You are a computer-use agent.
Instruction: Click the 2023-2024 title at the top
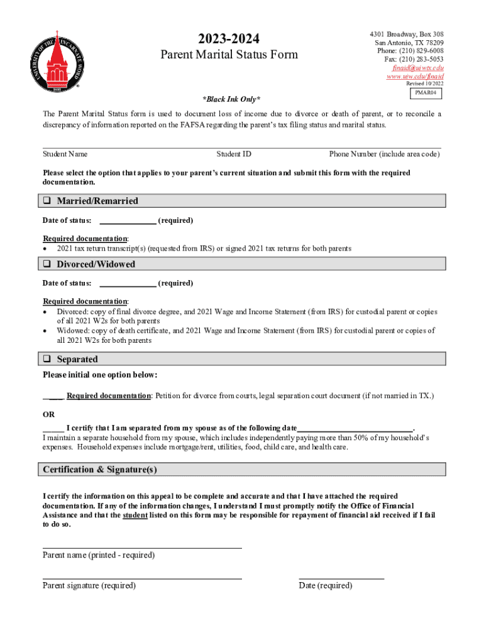pos(229,38)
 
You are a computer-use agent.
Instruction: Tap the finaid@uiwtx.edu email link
pos(418,67)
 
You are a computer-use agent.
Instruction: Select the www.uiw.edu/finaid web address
pos(415,76)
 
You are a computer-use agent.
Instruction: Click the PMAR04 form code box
pos(426,94)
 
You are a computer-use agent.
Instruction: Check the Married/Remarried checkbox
pos(47,201)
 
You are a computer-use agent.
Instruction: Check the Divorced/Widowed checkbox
pos(47,264)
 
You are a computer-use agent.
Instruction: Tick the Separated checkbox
pos(47,359)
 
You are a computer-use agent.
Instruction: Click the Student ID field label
pos(234,154)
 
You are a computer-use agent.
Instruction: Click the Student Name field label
pos(65,154)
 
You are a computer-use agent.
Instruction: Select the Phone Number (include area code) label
pos(384,154)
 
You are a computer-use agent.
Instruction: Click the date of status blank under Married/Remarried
pos(128,220)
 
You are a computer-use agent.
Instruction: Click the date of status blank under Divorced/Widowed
pos(128,283)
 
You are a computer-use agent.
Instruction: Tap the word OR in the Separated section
pos(48,414)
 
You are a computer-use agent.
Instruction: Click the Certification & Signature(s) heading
pos(100,470)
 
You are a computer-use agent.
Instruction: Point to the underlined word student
pos(135,515)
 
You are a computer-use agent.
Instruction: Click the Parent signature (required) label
pos(89,585)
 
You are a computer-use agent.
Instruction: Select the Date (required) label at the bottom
pos(325,585)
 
